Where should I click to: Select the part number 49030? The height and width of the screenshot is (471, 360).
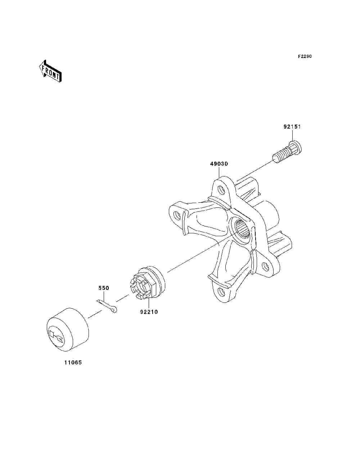pos(219,164)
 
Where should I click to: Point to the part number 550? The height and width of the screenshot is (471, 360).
pos(104,288)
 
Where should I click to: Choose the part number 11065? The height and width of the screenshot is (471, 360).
pos(73,363)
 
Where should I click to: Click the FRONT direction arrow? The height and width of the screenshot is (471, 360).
pos(50,71)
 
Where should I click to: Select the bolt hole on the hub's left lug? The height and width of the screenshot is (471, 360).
pos(177,215)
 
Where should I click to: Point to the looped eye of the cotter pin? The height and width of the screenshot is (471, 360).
pos(114,309)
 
